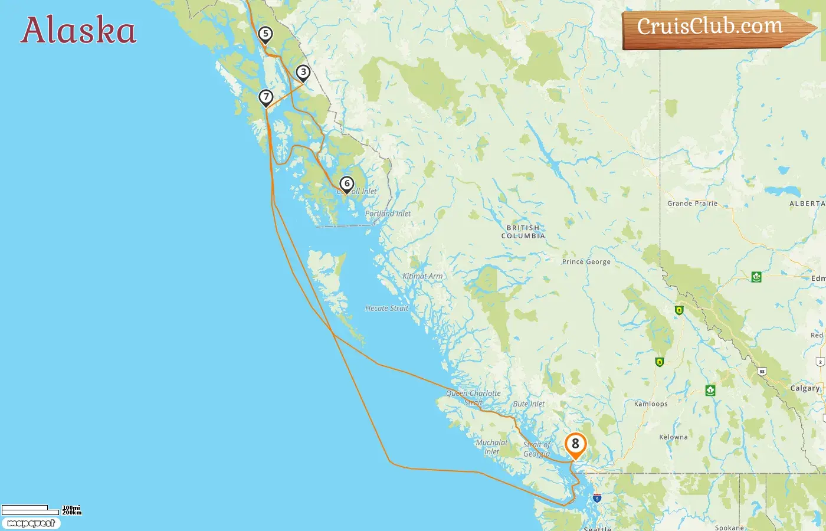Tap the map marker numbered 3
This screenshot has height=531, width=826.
(x=303, y=73)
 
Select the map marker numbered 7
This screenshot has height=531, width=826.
(x=266, y=97)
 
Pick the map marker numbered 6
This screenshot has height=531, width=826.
(x=347, y=184)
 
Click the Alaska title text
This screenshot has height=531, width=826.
(x=78, y=31)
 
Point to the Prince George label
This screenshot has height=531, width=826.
(x=586, y=261)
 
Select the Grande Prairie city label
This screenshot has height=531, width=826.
(x=692, y=204)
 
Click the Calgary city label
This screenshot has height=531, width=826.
(x=805, y=388)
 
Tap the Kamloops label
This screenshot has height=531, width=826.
(x=651, y=404)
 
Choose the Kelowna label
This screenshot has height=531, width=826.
(x=673, y=437)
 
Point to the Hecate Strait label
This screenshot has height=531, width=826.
(x=386, y=308)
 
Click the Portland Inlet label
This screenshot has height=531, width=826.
(x=388, y=214)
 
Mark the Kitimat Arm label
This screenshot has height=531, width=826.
(x=422, y=276)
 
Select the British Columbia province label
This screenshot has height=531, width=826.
(x=523, y=232)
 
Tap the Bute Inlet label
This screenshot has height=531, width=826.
(x=529, y=404)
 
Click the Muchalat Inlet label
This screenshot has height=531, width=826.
(x=491, y=447)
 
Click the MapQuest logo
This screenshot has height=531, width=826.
(x=31, y=523)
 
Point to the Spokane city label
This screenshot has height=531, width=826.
(x=729, y=527)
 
